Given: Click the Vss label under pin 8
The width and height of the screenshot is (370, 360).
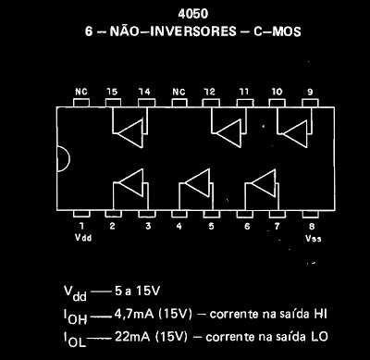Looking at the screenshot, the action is pyautogui.click(x=313, y=236).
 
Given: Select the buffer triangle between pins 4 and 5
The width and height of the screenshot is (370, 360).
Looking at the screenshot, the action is pyautogui.click(x=192, y=181).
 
